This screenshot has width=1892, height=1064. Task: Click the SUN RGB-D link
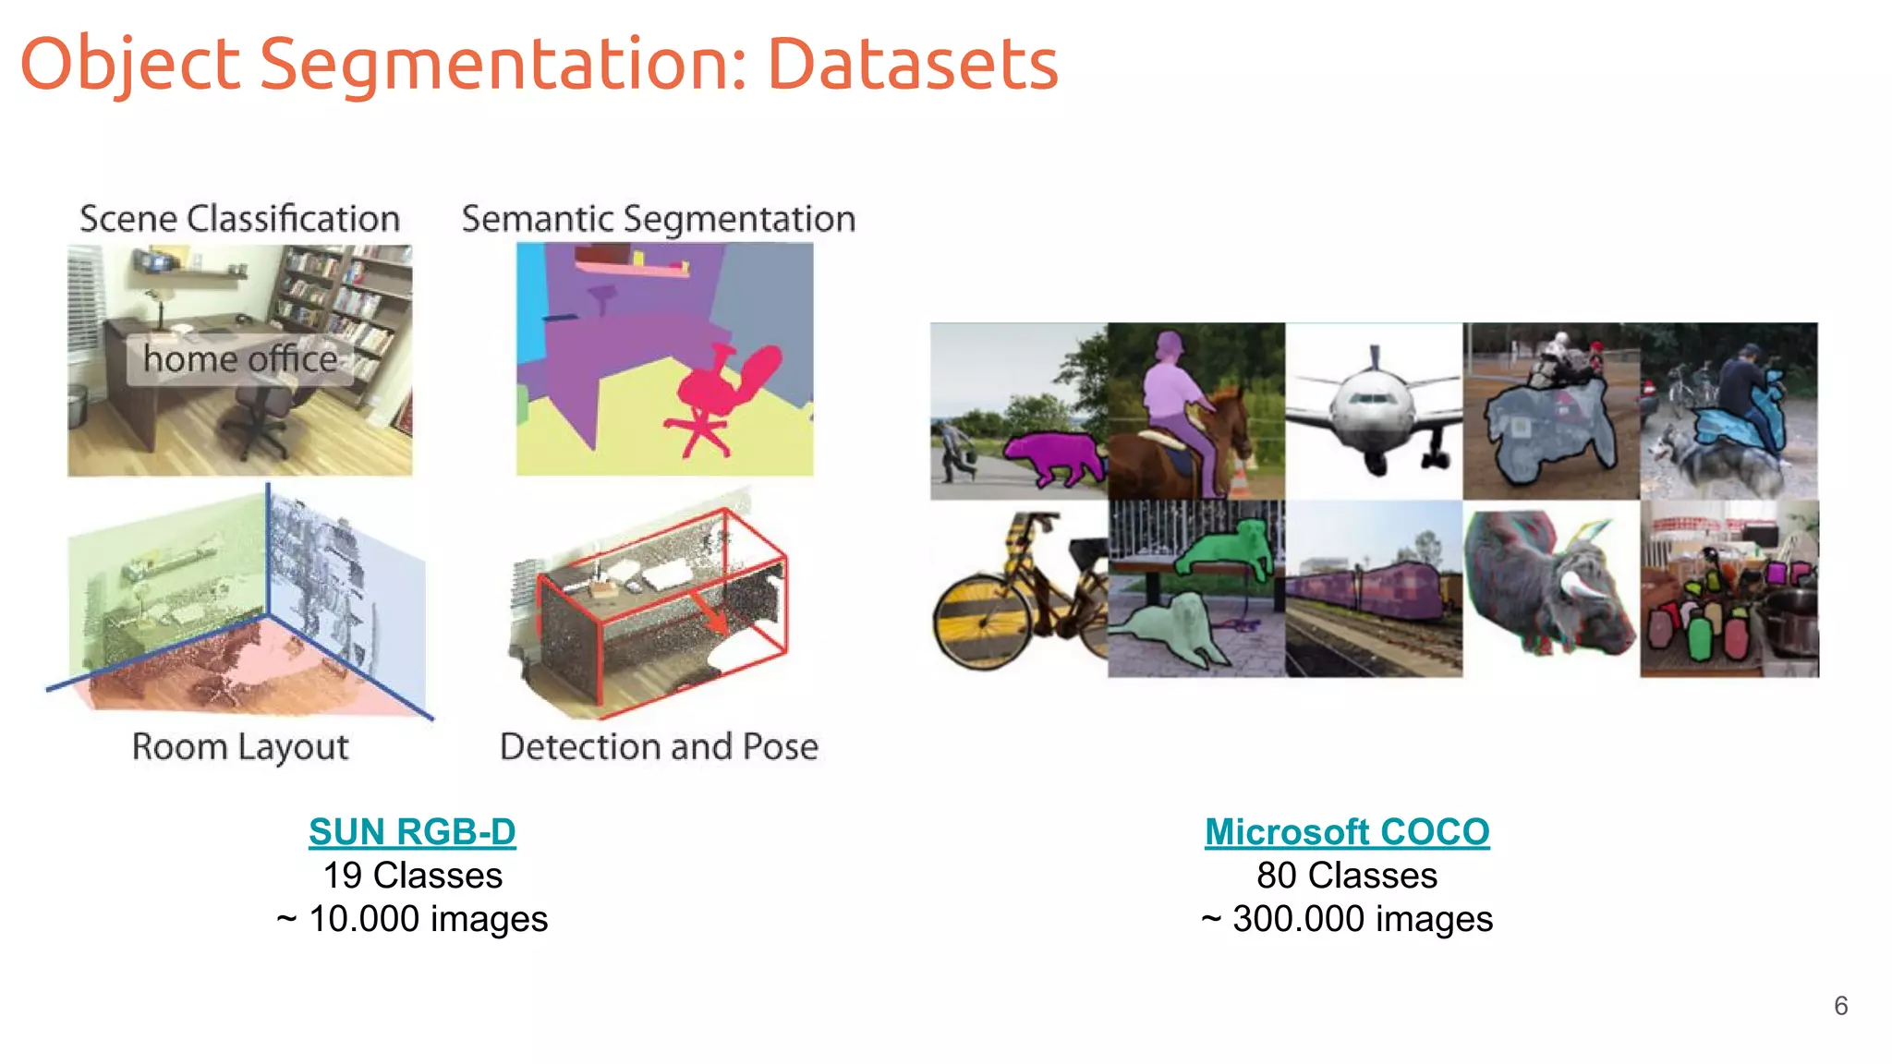[x=412, y=831]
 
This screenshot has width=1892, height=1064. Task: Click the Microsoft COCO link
[x=1346, y=831]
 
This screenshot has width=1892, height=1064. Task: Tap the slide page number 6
[x=1840, y=1006]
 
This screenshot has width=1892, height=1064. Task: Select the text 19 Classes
[x=412, y=876]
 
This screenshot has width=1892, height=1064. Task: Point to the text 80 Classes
[x=1346, y=876]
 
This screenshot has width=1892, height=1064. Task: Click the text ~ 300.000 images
[x=1346, y=919]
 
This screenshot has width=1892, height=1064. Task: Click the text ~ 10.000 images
[x=412, y=919]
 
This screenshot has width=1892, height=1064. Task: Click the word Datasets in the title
[x=912, y=65]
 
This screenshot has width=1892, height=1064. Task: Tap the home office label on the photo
[x=240, y=359]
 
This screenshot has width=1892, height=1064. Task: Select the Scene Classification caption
[x=239, y=219]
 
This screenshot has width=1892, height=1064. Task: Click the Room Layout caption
[x=240, y=746]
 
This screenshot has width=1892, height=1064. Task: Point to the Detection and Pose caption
[x=659, y=746]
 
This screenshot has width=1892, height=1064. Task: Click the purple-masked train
[x=1367, y=591]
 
